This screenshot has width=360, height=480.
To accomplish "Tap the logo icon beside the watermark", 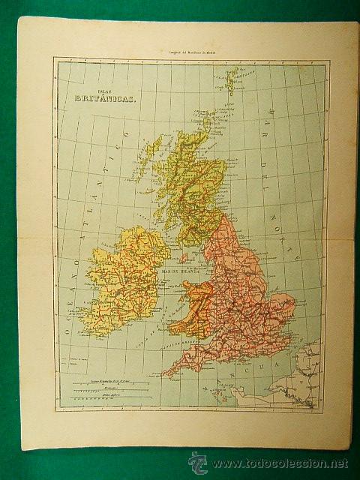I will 196,461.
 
